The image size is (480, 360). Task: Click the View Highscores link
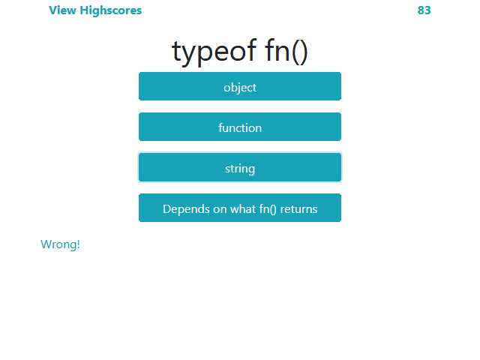(95, 10)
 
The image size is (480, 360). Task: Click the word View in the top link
(62, 10)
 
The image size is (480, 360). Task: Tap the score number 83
(424, 10)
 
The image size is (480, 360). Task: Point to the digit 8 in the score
(421, 10)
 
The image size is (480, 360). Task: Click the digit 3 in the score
(428, 10)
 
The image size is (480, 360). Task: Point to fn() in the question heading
(286, 51)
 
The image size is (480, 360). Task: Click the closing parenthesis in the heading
(304, 52)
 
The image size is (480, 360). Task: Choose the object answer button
(240, 87)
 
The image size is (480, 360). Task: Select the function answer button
(240, 127)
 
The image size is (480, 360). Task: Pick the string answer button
(240, 168)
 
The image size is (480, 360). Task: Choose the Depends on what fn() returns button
(240, 208)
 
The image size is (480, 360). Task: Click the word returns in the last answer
(299, 208)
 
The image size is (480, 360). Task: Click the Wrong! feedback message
(60, 244)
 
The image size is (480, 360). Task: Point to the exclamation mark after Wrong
(78, 244)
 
